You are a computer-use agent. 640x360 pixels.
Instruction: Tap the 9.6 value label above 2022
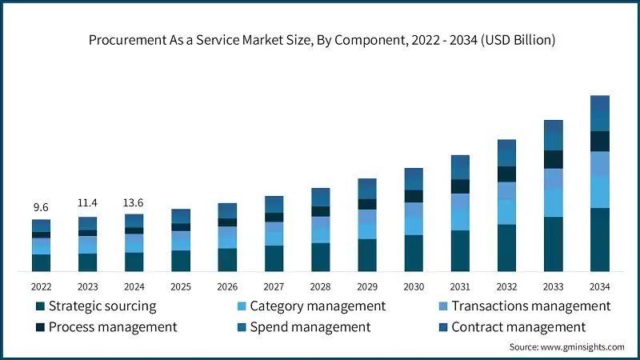pyautogui.click(x=41, y=208)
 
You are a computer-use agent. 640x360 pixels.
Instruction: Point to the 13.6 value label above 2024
pyautogui.click(x=134, y=202)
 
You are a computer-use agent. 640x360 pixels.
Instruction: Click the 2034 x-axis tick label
pyautogui.click(x=600, y=286)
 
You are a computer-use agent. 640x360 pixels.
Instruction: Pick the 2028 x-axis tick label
pyautogui.click(x=320, y=286)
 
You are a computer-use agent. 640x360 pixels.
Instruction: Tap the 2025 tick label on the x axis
pyautogui.click(x=181, y=286)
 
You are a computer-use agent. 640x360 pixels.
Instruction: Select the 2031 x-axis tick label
pyautogui.click(x=460, y=286)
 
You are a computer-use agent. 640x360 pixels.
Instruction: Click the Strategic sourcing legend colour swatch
pyautogui.click(x=39, y=306)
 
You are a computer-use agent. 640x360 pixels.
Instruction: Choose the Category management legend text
pyautogui.click(x=318, y=306)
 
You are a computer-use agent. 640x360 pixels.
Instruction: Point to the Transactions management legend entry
pyautogui.click(x=530, y=306)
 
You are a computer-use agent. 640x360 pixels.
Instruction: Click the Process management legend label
pyautogui.click(x=112, y=327)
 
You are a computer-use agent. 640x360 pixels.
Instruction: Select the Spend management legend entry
pyautogui.click(x=310, y=327)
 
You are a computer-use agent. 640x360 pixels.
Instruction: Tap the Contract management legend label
pyautogui.click(x=518, y=327)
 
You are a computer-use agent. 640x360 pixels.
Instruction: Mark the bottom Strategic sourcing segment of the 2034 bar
pyautogui.click(x=600, y=240)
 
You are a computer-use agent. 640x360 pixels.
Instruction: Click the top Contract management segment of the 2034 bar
pyautogui.click(x=600, y=103)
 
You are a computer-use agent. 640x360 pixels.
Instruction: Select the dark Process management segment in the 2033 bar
pyautogui.click(x=554, y=159)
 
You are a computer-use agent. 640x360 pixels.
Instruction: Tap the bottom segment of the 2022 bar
pyautogui.click(x=41, y=263)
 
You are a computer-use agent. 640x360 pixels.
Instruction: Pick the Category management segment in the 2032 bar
pyautogui.click(x=506, y=212)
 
